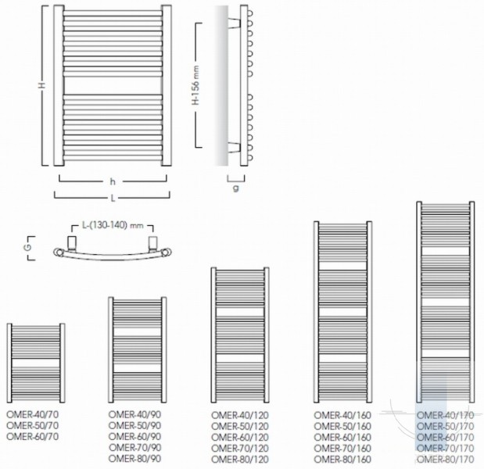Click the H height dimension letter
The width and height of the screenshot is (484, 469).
(42, 84)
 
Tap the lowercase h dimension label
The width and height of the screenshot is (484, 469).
(113, 181)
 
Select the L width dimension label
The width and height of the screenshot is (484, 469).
(113, 198)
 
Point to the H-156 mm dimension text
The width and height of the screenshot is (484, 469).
(196, 85)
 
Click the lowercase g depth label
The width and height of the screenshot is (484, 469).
(236, 188)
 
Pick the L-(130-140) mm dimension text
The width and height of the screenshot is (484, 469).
(113, 225)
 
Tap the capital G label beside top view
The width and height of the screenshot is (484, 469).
(28, 248)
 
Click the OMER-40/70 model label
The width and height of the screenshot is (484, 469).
(32, 414)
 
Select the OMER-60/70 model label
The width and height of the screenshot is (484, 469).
(32, 436)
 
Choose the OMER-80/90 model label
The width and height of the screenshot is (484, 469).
(135, 459)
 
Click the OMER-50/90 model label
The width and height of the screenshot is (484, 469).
(135, 425)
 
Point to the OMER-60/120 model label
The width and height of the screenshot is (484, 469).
(240, 437)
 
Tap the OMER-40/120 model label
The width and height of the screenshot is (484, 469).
(240, 415)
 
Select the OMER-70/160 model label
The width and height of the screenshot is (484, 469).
(342, 448)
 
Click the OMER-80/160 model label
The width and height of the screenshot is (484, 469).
(342, 459)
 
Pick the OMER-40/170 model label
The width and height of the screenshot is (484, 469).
(446, 415)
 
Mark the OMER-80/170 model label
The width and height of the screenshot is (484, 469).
(446, 459)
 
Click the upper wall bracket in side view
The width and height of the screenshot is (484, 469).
(235, 23)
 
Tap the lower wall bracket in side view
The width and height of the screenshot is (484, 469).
(235, 148)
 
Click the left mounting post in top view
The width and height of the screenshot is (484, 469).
(72, 244)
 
